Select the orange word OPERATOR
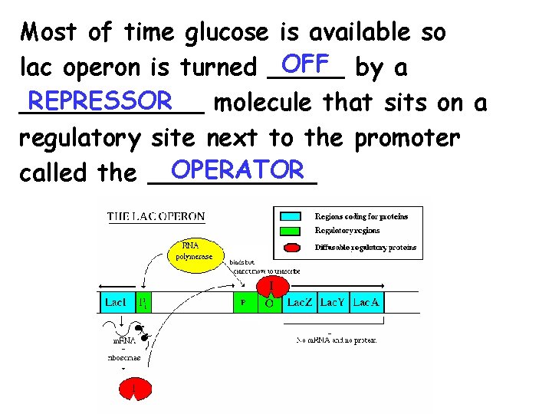[x=235, y=167]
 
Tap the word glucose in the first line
[x=227, y=32]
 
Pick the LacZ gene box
[x=299, y=303]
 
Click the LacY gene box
[x=333, y=303]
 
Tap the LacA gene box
[x=366, y=303]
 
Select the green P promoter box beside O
[x=244, y=303]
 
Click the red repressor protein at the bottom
[x=135, y=390]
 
